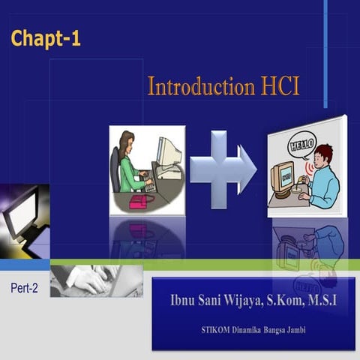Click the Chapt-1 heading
[46, 39]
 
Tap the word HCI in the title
[279, 86]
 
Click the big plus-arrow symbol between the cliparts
[222, 169]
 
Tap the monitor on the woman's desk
[169, 151]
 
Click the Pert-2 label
[25, 287]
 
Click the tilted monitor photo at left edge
[22, 217]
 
